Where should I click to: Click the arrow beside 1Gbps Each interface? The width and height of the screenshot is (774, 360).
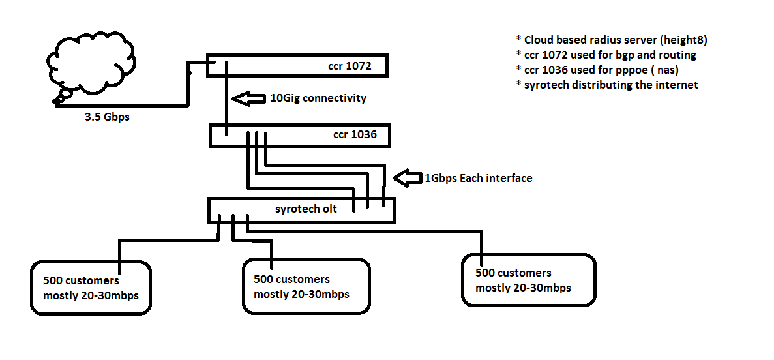coord(407,178)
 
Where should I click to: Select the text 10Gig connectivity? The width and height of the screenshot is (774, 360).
coord(318,98)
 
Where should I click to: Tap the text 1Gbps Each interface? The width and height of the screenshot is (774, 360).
coord(479,178)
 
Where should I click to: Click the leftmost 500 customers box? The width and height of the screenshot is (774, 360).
coord(91,288)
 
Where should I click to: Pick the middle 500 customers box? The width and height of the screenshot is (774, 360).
coord(305,286)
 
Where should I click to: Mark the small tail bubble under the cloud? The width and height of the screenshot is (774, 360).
coord(62,98)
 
